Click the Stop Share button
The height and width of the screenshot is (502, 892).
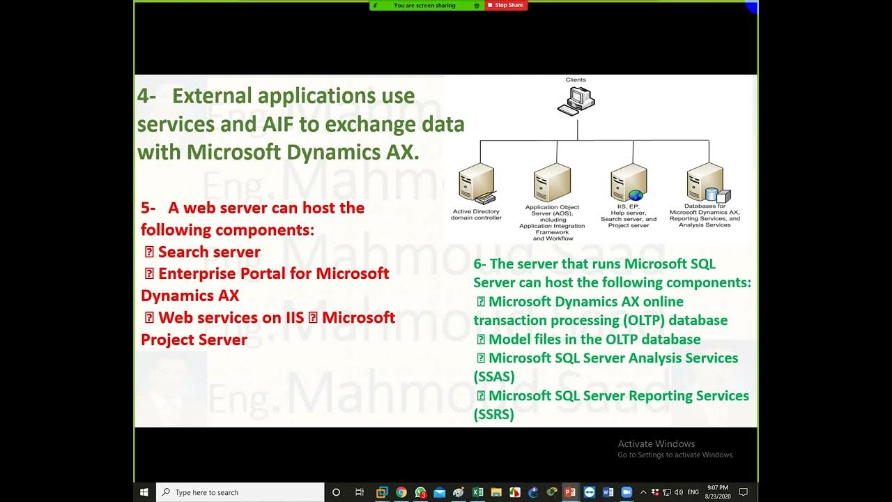(507, 6)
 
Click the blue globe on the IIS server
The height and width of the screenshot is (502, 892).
(635, 195)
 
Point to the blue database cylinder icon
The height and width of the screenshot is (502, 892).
(712, 195)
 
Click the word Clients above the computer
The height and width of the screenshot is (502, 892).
(576, 80)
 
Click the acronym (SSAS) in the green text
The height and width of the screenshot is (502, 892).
(494, 376)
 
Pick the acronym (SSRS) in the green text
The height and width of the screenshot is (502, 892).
(493, 414)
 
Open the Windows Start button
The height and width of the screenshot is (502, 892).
(145, 492)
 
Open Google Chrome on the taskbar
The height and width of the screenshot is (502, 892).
(401, 492)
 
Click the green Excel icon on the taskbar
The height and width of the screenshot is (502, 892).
(478, 492)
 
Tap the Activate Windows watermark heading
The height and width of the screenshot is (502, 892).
(656, 443)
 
